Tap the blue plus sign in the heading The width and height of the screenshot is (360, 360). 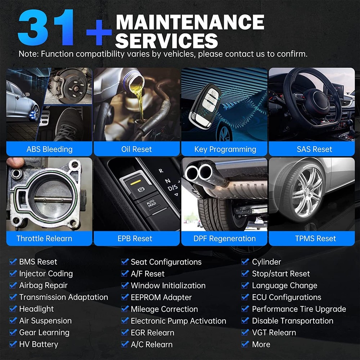click(x=99, y=32)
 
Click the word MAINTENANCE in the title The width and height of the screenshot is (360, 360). click(x=190, y=22)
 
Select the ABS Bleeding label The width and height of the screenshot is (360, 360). click(x=49, y=149)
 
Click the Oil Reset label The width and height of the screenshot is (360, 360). click(x=136, y=149)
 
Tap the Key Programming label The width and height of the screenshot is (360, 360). click(x=225, y=149)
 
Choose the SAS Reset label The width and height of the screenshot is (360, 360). click(x=314, y=149)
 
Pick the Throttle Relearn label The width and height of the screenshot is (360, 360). click(x=44, y=238)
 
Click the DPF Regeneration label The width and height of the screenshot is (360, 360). click(x=225, y=239)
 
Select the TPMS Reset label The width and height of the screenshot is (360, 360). click(x=315, y=238)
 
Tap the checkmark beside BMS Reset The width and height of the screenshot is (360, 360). click(x=13, y=261)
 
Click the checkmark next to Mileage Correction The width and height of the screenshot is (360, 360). click(x=125, y=309)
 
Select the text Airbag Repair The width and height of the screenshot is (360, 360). click(x=44, y=285)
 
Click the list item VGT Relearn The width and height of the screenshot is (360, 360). click(x=274, y=332)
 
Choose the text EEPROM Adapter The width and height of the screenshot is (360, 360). click(x=161, y=297)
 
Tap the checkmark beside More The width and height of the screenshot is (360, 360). click(x=245, y=344)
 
